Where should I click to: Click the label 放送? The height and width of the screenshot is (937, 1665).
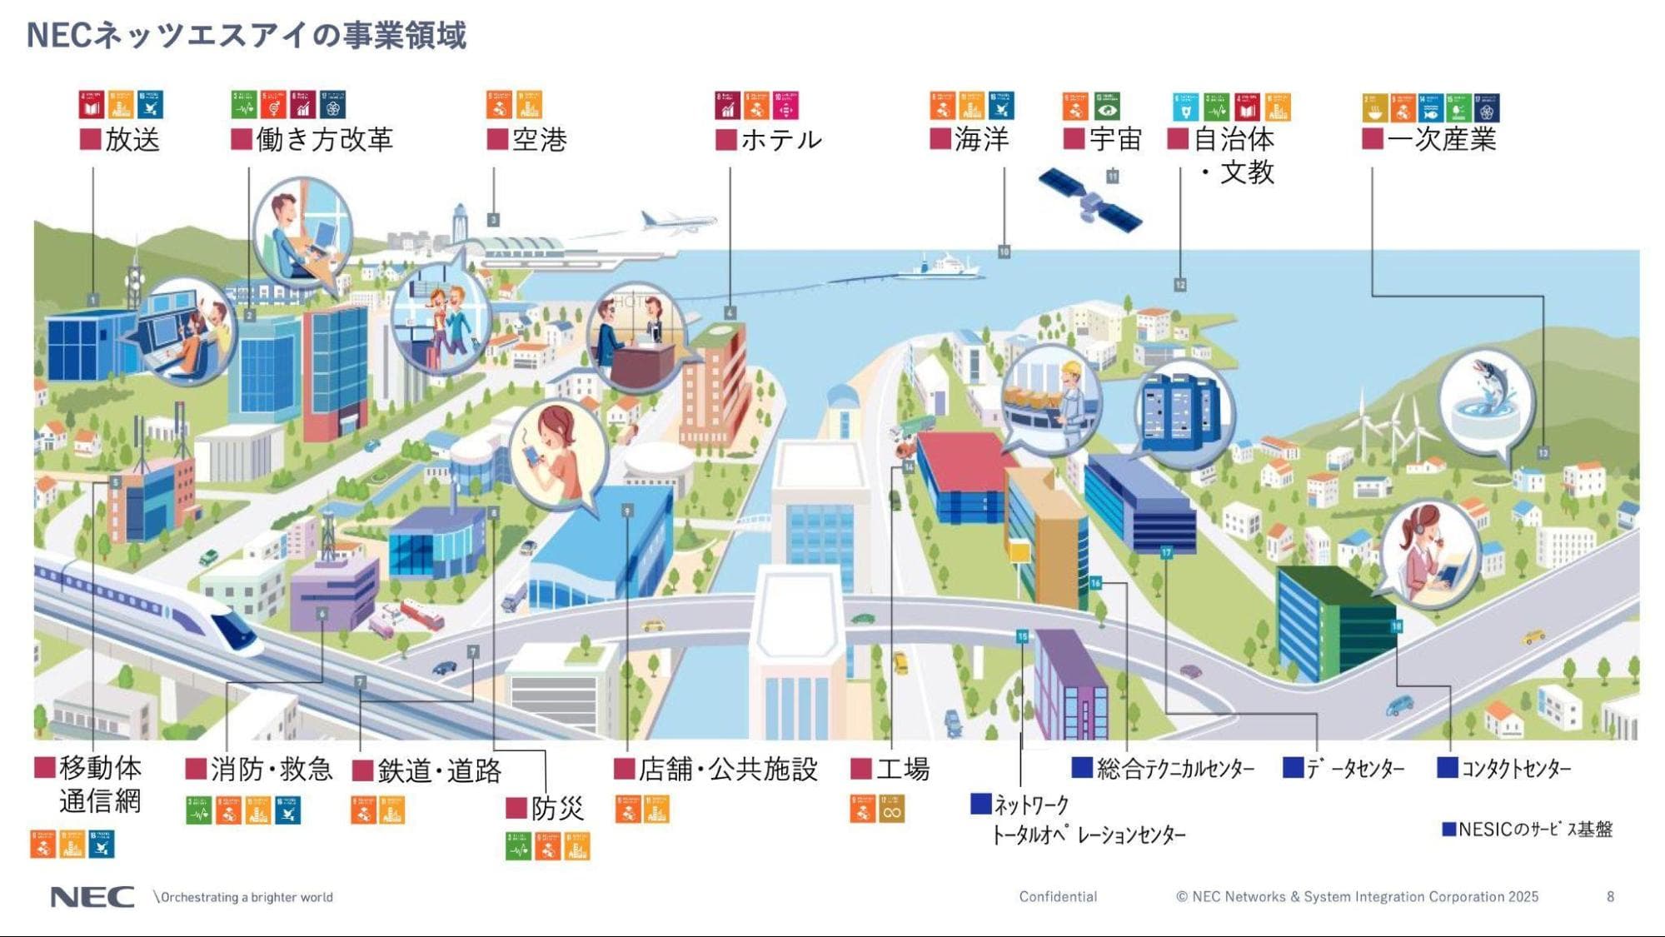132,139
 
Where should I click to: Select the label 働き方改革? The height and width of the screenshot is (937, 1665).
323,139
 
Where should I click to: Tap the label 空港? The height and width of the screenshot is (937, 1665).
539,139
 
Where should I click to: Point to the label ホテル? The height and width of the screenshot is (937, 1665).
780,139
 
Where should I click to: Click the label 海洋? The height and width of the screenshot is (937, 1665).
981,138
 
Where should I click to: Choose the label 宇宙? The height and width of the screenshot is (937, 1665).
1114,138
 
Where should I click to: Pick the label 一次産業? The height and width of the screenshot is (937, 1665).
1441,138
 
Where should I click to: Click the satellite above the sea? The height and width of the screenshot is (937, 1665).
1089,201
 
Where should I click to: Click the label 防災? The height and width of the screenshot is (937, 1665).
556,808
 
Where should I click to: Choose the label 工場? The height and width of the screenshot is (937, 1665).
902,768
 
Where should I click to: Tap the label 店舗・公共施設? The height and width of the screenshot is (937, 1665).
727,768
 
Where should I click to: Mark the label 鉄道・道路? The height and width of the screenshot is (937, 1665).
439,770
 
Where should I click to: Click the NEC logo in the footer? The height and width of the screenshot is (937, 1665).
92,897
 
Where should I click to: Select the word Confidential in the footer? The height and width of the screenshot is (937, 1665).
1058,897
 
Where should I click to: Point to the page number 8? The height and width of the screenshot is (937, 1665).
1610,897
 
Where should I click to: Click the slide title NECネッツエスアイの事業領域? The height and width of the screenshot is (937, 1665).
247,35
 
